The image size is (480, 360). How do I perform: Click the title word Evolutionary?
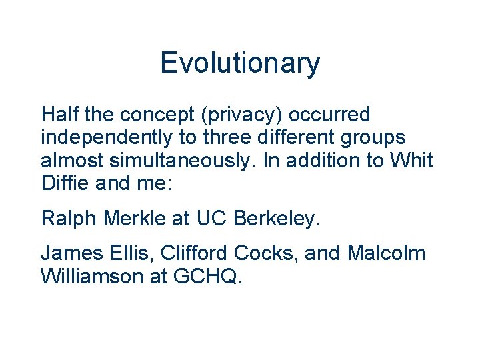click(x=240, y=64)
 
